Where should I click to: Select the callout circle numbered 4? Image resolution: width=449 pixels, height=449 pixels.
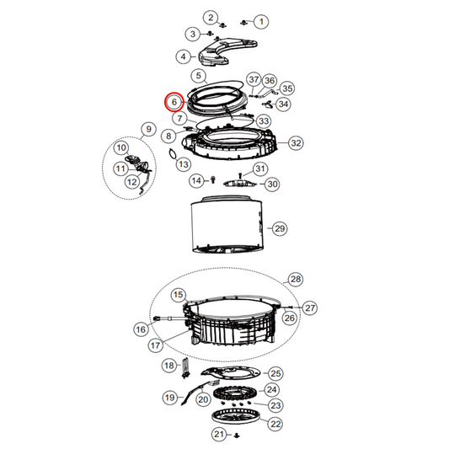click(182, 56)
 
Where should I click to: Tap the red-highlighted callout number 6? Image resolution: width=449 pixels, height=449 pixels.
click(174, 101)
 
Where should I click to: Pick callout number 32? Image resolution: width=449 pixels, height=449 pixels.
click(296, 143)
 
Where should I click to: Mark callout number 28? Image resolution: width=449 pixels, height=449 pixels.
click(295, 279)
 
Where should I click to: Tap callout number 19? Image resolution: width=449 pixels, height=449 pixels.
click(169, 397)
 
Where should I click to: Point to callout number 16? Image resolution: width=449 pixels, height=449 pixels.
click(141, 329)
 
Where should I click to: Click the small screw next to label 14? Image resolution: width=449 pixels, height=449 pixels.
click(212, 179)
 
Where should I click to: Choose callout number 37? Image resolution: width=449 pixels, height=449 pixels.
click(254, 78)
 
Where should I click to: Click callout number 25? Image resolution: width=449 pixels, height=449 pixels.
click(275, 373)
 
